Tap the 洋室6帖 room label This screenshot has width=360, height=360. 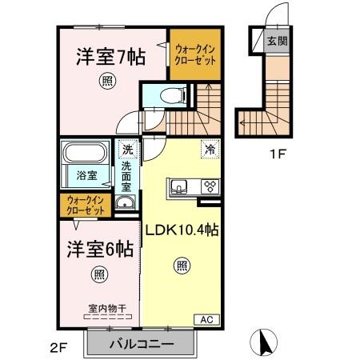(x=99, y=247)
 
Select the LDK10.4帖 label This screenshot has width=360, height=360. (x=182, y=230)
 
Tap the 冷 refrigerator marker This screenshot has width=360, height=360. (x=209, y=148)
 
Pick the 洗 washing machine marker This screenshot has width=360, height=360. (x=126, y=149)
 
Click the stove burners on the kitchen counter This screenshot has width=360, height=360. (x=210, y=188)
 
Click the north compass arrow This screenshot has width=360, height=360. (x=261, y=342)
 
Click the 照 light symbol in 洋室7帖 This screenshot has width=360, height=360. (x=106, y=79)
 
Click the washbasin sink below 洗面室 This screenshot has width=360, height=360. (x=123, y=204)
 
